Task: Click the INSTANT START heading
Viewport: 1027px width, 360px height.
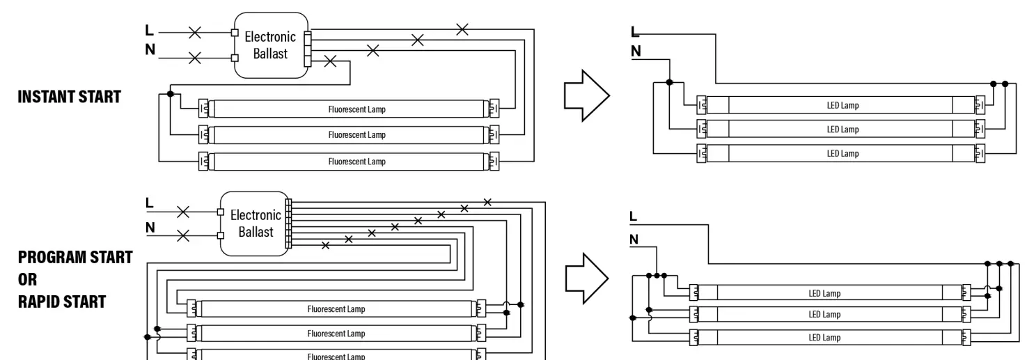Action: click(x=69, y=97)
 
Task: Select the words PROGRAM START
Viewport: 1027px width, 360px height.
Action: click(x=75, y=257)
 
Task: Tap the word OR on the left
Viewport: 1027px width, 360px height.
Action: click(x=28, y=279)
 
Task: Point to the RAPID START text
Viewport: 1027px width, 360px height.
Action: click(x=62, y=302)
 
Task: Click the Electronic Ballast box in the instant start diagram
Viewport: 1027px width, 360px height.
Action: click(x=271, y=45)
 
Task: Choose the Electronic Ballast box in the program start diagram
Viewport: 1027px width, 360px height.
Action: click(x=254, y=224)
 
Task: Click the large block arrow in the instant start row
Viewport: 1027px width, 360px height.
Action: click(x=587, y=96)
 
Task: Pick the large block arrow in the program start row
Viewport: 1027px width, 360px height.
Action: click(x=587, y=279)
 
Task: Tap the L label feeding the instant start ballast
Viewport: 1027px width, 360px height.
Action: click(x=149, y=30)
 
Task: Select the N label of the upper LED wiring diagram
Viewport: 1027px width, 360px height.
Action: click(x=636, y=52)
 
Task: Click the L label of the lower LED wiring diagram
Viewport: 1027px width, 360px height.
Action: click(x=633, y=216)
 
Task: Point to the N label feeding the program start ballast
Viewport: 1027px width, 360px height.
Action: click(x=150, y=228)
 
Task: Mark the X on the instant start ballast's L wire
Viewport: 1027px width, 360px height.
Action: click(x=195, y=33)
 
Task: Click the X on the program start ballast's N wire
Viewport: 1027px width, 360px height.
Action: click(x=183, y=236)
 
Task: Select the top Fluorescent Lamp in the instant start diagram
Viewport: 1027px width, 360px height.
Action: click(x=349, y=109)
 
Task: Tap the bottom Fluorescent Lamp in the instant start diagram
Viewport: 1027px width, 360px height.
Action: click(x=349, y=161)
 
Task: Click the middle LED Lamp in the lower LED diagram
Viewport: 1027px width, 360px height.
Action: click(x=830, y=314)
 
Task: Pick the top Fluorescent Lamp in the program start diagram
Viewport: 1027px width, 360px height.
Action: click(x=336, y=308)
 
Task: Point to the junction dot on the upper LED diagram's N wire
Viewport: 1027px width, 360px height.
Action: click(x=669, y=82)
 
